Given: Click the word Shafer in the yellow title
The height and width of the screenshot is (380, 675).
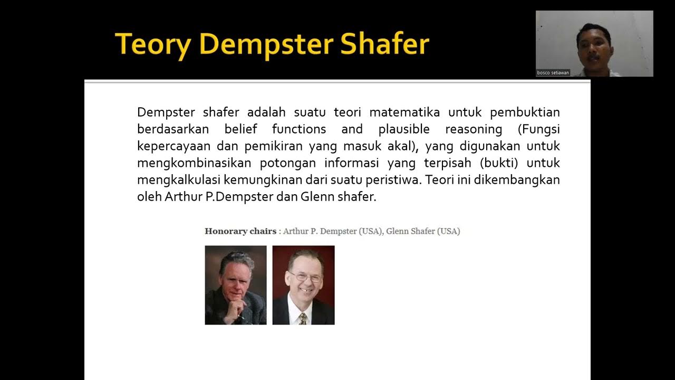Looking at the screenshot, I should click(x=384, y=44).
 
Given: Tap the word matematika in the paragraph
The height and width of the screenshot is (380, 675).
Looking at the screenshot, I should click(x=405, y=112).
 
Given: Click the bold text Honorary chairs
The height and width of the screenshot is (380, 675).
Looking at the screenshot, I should click(x=240, y=231).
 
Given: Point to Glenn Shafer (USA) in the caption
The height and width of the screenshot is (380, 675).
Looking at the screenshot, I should click(x=423, y=231).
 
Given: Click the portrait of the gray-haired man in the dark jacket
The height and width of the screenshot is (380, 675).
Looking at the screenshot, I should click(x=236, y=285).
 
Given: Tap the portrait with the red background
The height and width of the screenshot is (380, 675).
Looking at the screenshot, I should click(x=303, y=285).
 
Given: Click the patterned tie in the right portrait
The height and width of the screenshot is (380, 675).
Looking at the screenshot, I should click(x=303, y=318).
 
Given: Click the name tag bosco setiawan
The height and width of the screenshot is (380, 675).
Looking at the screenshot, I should click(x=553, y=73).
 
